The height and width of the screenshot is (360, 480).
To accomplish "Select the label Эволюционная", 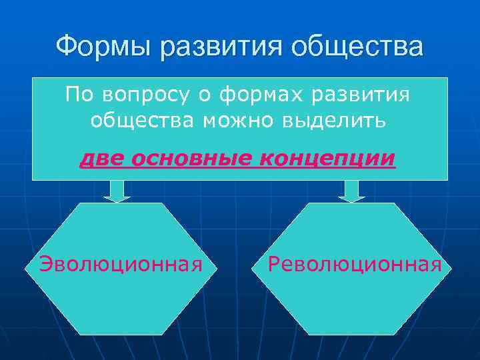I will coord(121,265).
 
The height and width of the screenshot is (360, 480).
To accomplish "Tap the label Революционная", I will coord(354,265).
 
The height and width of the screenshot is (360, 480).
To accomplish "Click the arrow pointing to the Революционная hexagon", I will coord(351,191).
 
